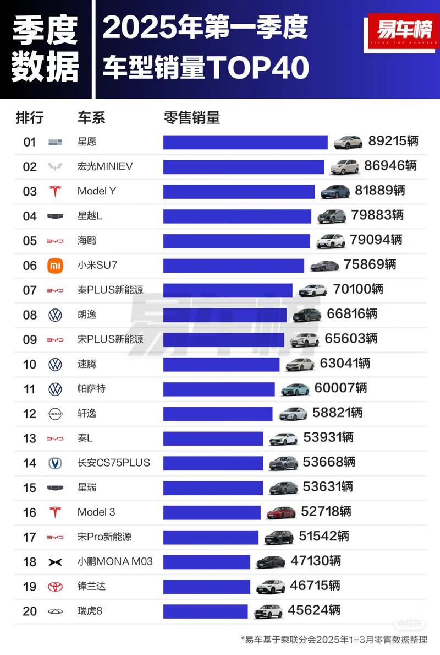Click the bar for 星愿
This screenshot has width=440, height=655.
point(245,142)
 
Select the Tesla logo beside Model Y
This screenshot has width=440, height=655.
point(55,191)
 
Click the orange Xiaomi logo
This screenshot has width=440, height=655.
point(55,266)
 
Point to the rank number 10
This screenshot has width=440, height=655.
point(30,364)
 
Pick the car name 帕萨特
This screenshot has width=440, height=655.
point(91,389)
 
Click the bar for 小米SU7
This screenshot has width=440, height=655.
point(233,266)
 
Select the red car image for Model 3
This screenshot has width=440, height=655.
point(281,512)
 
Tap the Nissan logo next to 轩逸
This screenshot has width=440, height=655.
point(55,414)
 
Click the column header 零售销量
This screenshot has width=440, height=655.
point(192,117)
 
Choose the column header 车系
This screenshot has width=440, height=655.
point(91,117)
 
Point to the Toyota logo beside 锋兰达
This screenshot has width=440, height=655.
point(55,587)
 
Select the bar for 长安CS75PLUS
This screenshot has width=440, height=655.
point(213,463)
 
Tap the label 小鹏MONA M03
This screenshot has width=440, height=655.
point(115,562)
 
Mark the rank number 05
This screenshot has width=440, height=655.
point(30,241)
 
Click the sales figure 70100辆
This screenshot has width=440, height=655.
point(358,289)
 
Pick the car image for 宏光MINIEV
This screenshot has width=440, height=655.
point(344,166)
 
